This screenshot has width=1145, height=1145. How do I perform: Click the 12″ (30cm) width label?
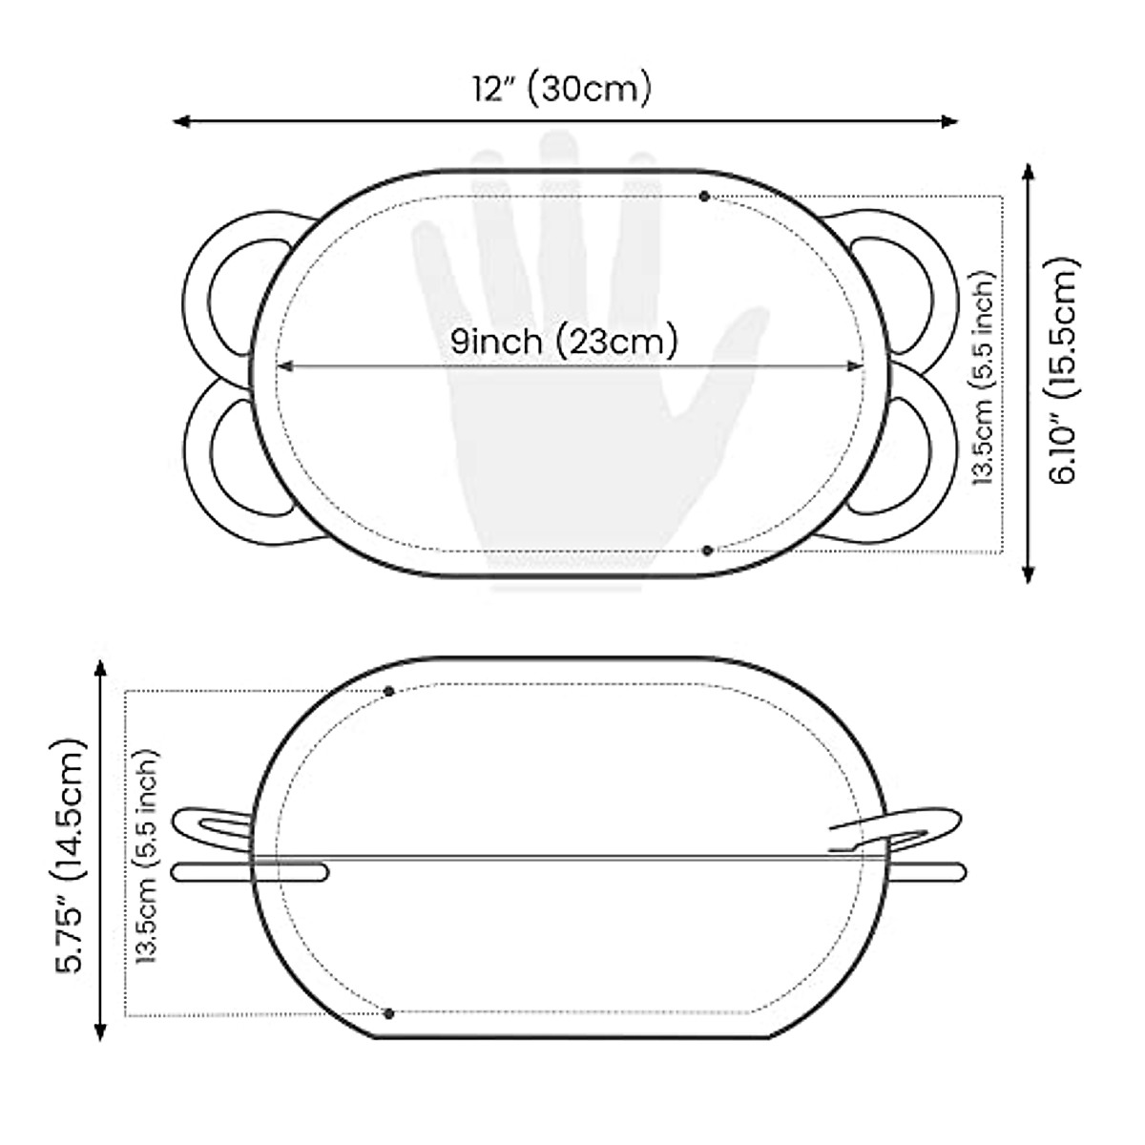[x=562, y=91]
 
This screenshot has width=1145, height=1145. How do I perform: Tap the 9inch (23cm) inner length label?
[x=564, y=342]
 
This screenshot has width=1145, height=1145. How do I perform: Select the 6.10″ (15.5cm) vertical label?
[x=1063, y=371]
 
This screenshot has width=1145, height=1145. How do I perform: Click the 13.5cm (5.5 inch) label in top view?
[x=983, y=379]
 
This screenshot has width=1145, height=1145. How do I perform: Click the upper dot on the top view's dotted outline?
[x=704, y=197]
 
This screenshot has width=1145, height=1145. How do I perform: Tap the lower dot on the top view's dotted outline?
[x=707, y=551]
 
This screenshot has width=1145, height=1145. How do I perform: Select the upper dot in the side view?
[x=389, y=691]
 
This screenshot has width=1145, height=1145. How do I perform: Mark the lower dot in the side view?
[x=388, y=1013]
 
